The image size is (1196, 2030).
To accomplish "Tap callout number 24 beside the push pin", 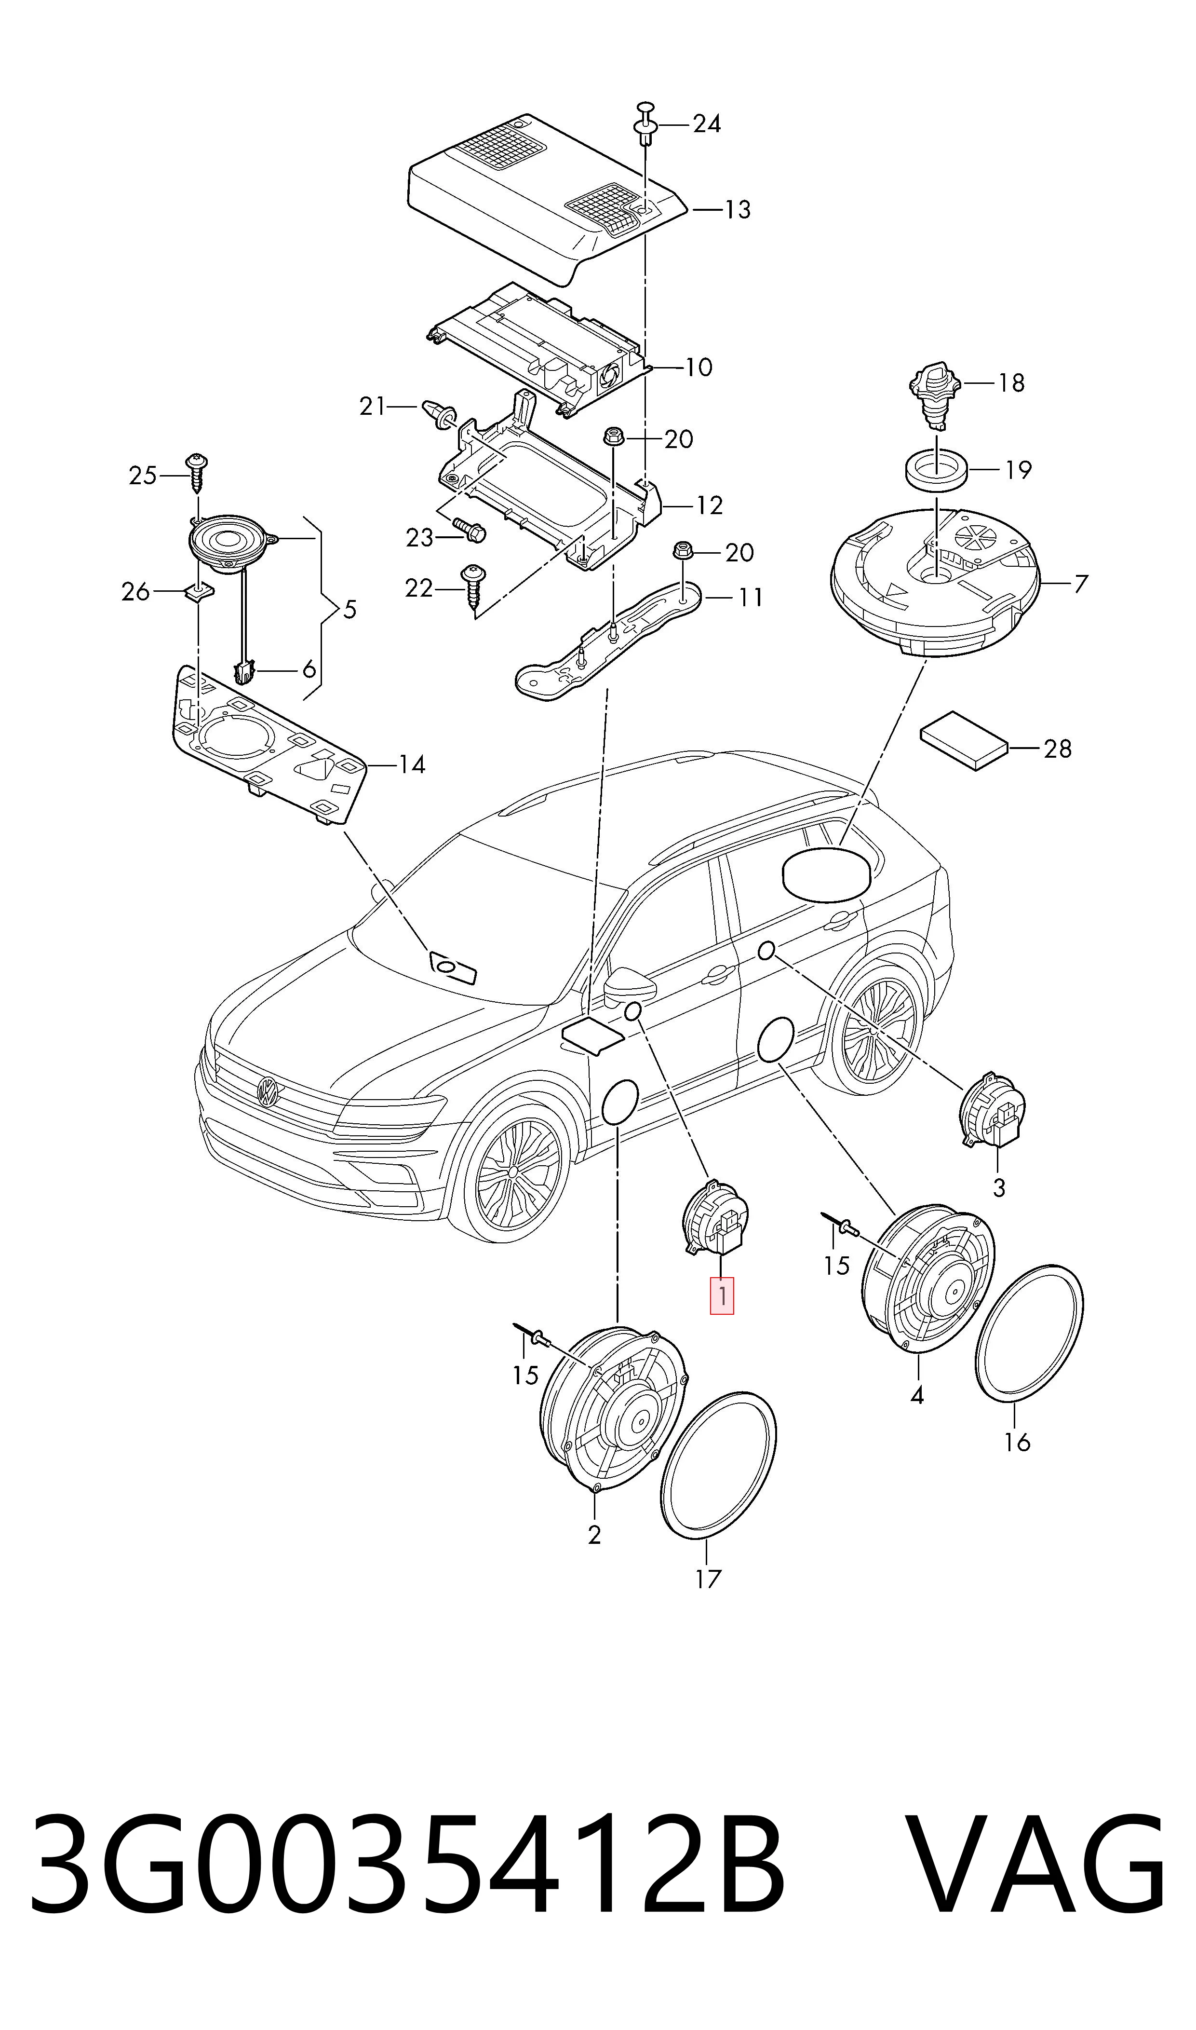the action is [x=707, y=124].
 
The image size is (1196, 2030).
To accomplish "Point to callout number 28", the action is [x=1057, y=749].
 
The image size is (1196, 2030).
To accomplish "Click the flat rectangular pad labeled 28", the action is [x=965, y=739].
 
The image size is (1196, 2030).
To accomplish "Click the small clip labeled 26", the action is [x=198, y=593].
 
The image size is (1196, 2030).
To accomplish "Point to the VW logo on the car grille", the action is [x=267, y=1091].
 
